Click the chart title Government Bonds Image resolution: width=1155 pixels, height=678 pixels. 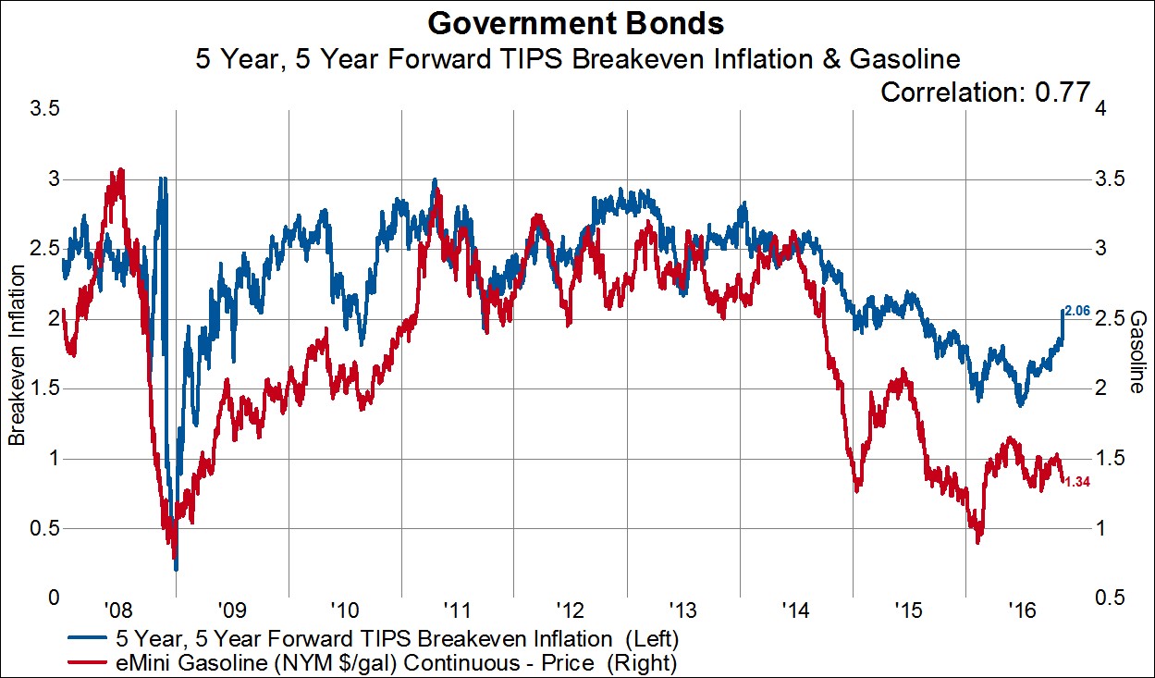click(x=577, y=22)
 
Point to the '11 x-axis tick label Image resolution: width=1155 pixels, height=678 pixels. click(x=456, y=610)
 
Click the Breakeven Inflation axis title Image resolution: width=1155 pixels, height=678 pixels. click(x=16, y=353)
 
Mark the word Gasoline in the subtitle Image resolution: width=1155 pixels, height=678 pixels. click(x=891, y=59)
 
